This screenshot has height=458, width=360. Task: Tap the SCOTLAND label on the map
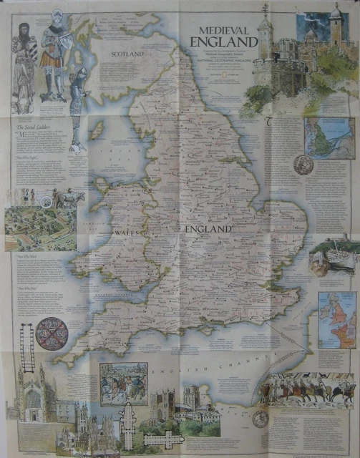point(127,54)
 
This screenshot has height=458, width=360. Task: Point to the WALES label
point(126,233)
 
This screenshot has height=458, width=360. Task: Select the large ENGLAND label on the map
point(208,229)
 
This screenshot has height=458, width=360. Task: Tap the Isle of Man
point(98,131)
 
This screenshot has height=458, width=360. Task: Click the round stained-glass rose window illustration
point(52,333)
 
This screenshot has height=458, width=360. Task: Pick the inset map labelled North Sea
point(329,137)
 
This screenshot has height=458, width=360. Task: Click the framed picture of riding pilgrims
point(124,383)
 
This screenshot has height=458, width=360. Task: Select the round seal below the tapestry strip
point(261,419)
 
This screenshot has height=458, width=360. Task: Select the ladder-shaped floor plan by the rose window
point(27,348)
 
